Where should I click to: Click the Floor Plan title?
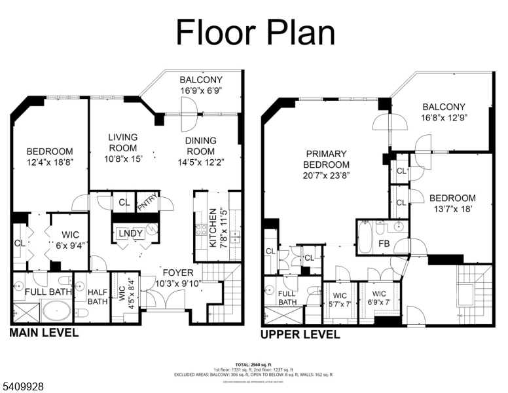[x=255, y=32]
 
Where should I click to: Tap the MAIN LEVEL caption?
[x=44, y=333]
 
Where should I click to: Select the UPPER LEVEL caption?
[x=300, y=335]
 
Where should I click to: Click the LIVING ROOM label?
[x=123, y=142]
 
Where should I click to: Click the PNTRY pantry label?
[x=146, y=204]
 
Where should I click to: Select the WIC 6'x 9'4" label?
[x=69, y=239]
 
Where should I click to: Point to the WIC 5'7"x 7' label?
[x=339, y=299]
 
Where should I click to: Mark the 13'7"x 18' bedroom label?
[x=452, y=203]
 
